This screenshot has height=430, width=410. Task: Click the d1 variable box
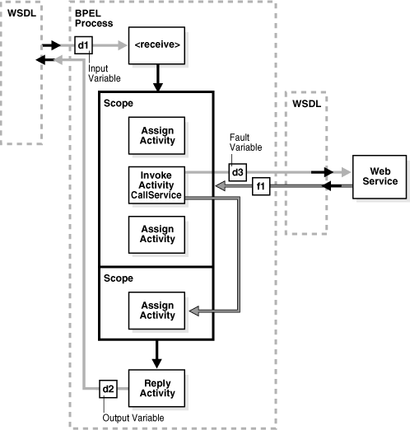point(82,45)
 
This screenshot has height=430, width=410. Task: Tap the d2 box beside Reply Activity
point(107,387)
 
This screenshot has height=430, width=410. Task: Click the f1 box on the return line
point(261,187)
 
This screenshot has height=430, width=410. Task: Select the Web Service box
point(379,176)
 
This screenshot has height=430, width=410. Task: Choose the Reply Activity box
point(156,387)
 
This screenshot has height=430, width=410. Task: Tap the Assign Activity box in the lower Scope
point(156,311)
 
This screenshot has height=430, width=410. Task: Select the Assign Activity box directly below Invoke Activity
point(156,233)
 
